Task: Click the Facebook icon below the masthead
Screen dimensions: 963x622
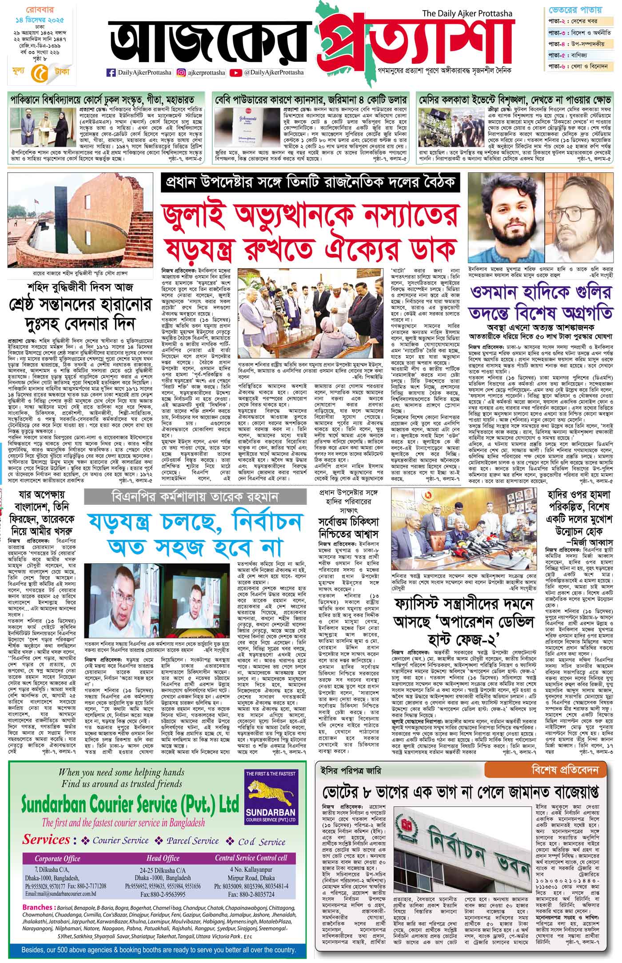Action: click(111, 72)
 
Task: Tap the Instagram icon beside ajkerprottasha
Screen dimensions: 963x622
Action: click(181, 72)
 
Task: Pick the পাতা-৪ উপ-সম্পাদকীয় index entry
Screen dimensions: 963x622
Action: click(579, 44)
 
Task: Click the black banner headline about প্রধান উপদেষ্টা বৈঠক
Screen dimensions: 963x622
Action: click(310, 183)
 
